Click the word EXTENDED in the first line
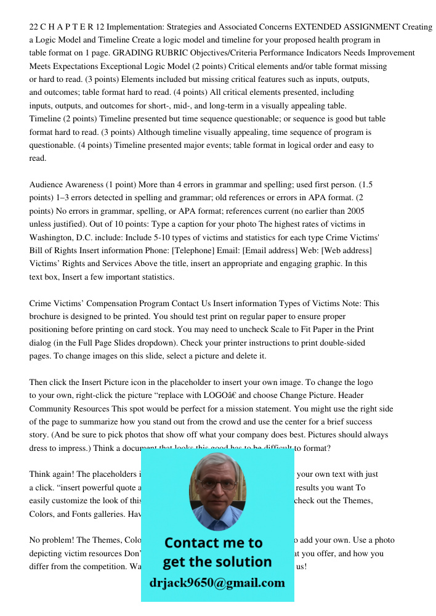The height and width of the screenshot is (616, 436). tap(317, 27)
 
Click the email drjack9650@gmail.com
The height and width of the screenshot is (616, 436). tap(217, 583)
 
